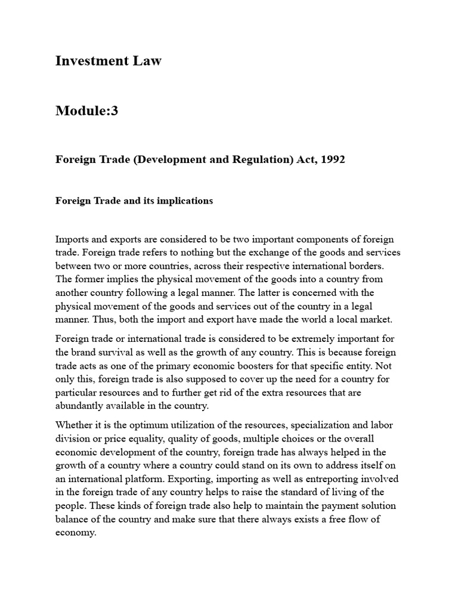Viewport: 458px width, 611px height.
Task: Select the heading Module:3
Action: pos(86,111)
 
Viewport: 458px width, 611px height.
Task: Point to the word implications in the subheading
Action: pos(184,200)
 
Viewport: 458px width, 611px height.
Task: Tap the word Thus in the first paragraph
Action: pos(100,319)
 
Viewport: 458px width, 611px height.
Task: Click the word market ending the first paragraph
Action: pos(376,319)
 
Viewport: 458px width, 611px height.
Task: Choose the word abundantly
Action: pos(83,406)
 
